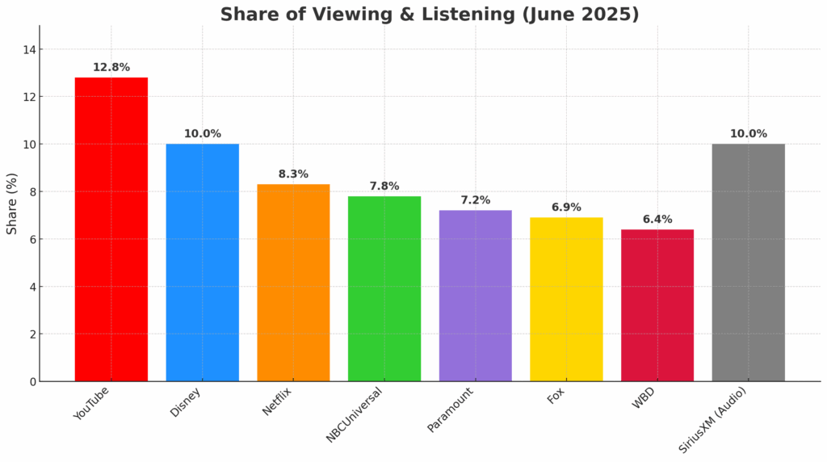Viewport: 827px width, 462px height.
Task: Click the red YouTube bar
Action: [111, 229]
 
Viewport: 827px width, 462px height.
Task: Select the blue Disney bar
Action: [202, 262]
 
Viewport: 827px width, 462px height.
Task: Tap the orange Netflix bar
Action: [293, 283]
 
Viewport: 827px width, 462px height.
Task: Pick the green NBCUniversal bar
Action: [384, 288]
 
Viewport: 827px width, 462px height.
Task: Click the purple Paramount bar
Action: [476, 296]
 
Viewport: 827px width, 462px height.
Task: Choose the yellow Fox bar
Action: [566, 299]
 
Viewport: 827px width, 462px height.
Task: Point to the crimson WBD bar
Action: [657, 305]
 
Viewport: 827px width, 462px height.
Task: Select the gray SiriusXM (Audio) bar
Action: [749, 262]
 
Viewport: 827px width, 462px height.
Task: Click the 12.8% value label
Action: [111, 67]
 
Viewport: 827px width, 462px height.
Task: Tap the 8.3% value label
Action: [293, 174]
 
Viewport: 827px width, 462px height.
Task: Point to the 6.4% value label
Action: [657, 219]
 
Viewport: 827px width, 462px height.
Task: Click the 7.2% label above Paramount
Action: [476, 199]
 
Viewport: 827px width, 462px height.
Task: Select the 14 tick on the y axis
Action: [29, 50]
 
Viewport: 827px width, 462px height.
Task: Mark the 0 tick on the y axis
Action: [32, 381]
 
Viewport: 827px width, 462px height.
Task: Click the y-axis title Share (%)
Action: [12, 204]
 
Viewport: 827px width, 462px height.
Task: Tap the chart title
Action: [429, 15]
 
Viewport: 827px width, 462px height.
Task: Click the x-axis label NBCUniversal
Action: [355, 414]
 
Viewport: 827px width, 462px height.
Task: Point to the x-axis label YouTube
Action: [91, 403]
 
